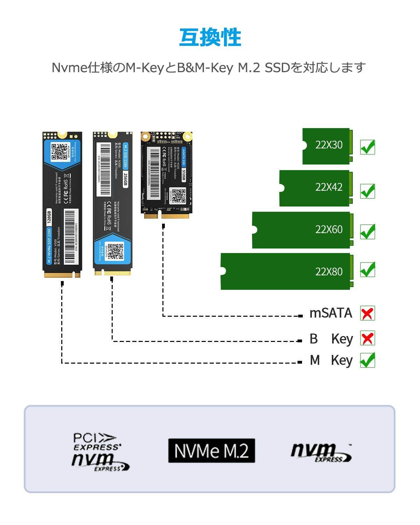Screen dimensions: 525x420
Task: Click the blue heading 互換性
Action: [x=210, y=38]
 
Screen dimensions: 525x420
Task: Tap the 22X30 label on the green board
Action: [x=329, y=145]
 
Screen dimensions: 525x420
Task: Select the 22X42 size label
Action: [x=329, y=187]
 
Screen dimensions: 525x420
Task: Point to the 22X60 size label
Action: [x=329, y=230]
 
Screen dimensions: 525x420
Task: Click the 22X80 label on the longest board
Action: [x=329, y=272]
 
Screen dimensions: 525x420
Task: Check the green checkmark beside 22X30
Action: [x=368, y=147]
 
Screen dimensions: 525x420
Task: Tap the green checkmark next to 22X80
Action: [x=368, y=269]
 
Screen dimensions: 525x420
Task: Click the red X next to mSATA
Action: [x=367, y=313]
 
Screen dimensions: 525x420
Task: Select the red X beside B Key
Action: [x=367, y=338]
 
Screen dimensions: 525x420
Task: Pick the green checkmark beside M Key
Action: [x=367, y=360]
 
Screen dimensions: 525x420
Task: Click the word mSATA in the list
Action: [x=330, y=313]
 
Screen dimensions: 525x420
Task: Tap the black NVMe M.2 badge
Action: [x=211, y=451]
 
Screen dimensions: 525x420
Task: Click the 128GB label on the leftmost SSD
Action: [x=49, y=217]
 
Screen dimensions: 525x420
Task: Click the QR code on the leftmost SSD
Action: [x=58, y=152]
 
